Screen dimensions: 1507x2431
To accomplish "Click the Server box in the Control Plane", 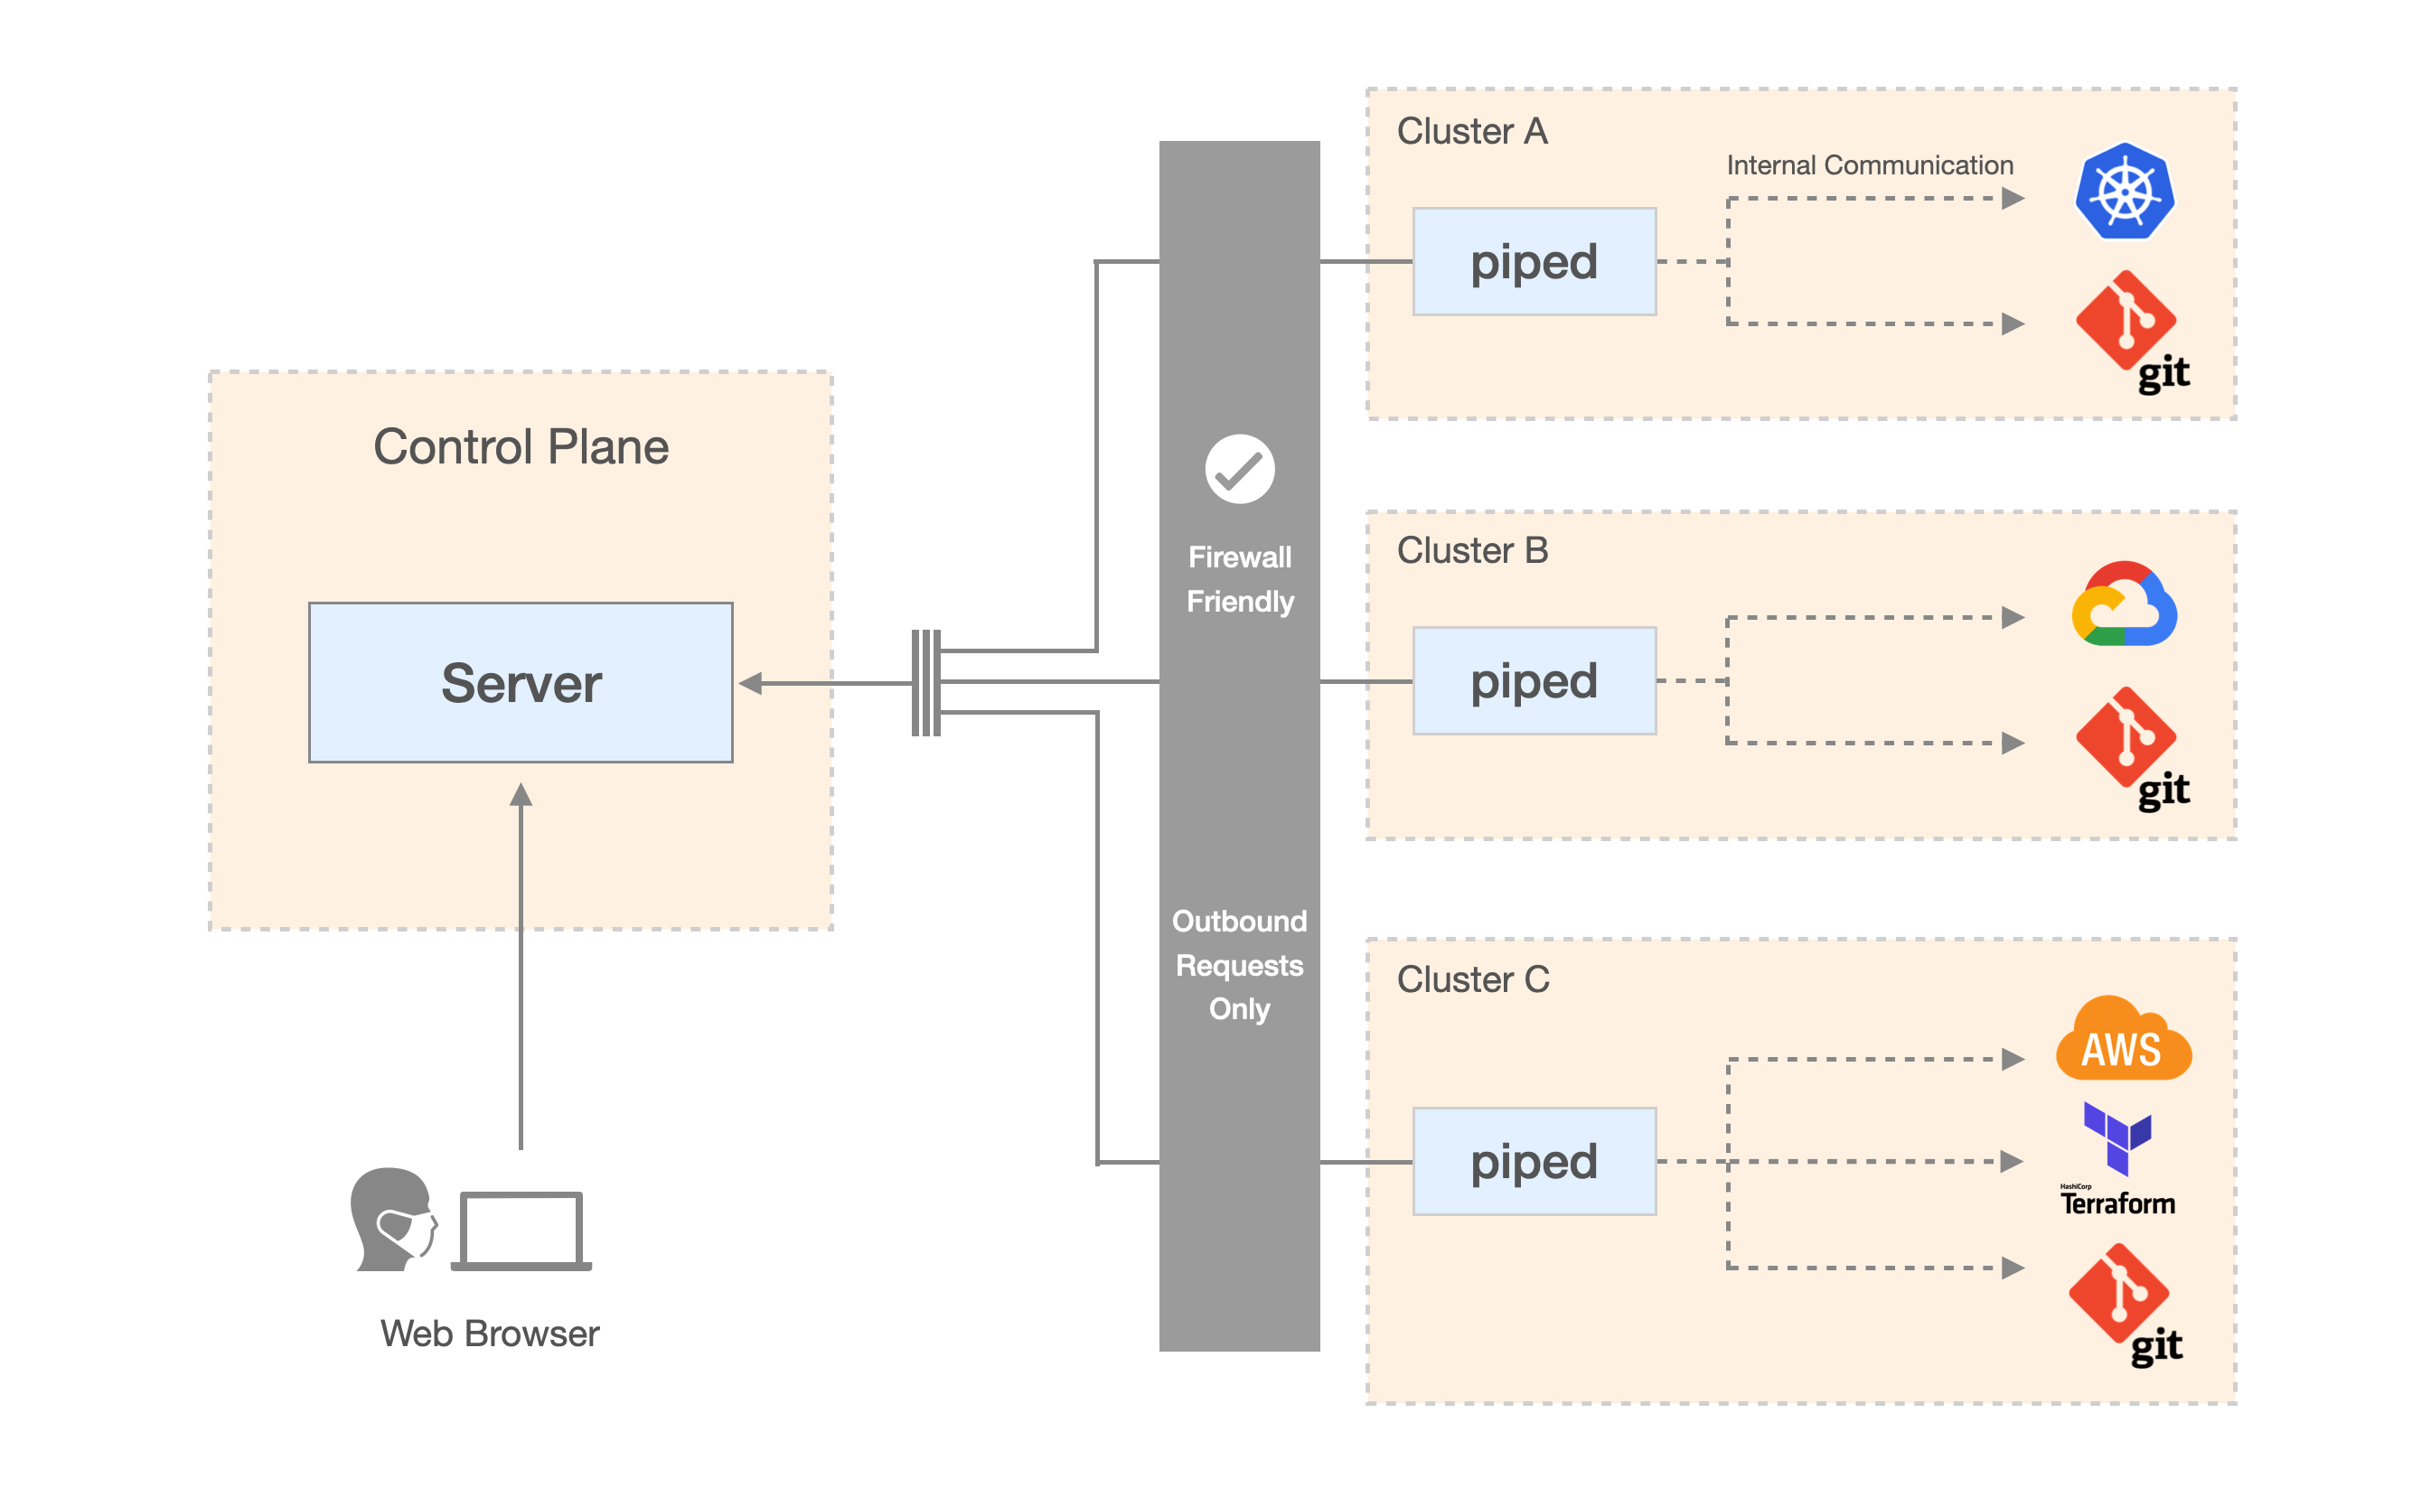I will click(521, 682).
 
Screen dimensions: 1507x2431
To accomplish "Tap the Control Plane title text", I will click(521, 446).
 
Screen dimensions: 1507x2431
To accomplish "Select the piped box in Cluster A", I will click(1533, 261).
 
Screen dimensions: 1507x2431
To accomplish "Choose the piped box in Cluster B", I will click(1533, 680).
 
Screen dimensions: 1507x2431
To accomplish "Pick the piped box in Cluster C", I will click(1533, 1161).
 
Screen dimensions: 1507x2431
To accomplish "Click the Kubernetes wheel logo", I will click(2123, 192).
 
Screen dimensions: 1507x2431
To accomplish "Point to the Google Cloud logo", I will click(2123, 605).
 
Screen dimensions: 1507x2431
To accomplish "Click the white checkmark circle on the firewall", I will click(1239, 468).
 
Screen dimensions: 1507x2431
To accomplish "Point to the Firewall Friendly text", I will click(1239, 579).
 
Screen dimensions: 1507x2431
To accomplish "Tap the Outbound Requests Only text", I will click(1239, 964).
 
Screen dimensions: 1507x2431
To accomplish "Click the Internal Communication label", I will click(1869, 165).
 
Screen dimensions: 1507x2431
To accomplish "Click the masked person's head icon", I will click(394, 1219).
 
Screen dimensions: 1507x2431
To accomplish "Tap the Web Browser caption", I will click(490, 1334).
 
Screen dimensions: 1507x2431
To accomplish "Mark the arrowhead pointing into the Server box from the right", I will click(750, 683).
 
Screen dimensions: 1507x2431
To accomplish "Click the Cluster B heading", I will click(1472, 550).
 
